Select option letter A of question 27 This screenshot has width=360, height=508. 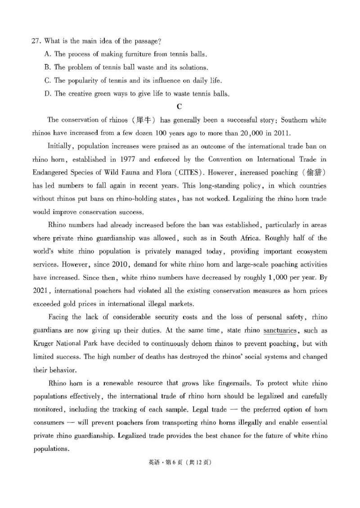pos(47,54)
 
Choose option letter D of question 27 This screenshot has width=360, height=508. pos(47,94)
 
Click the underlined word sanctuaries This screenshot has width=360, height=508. pos(280,330)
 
